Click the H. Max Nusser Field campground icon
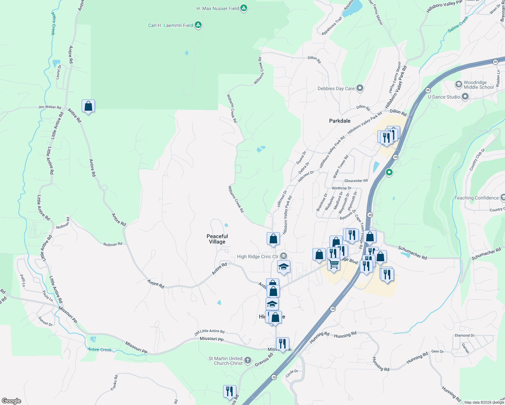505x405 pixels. point(244,8)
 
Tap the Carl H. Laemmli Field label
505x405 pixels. point(170,25)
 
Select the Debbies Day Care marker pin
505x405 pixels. point(360,88)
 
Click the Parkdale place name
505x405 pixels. point(340,121)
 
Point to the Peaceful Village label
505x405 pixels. point(217,239)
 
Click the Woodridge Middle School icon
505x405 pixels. point(458,84)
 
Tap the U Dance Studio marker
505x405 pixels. point(465,97)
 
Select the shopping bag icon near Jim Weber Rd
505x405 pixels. point(88,106)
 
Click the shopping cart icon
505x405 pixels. point(334,264)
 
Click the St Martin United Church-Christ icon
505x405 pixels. point(248,360)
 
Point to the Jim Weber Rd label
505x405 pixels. point(50,107)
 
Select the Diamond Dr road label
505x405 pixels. point(464,335)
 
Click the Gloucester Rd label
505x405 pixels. point(356,181)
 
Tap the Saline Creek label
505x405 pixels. point(458,24)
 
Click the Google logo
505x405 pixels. point(11,401)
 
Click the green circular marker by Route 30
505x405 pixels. point(389,172)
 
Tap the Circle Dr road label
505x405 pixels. point(292,373)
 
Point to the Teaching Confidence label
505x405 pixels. point(476,198)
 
